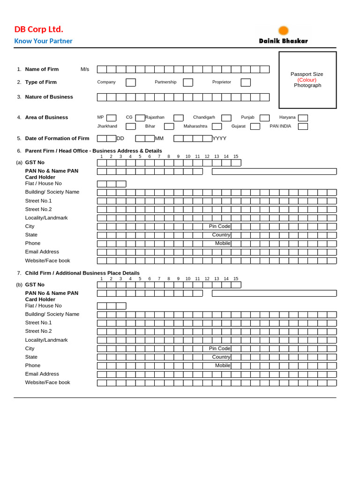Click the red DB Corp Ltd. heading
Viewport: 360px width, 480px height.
(x=38, y=29)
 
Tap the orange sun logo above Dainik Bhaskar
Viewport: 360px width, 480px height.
(x=284, y=31)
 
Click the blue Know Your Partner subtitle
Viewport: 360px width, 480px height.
(x=43, y=41)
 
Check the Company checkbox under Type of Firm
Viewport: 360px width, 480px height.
(x=131, y=82)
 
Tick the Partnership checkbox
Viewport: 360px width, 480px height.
(x=188, y=82)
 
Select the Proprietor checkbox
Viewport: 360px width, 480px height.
(x=246, y=82)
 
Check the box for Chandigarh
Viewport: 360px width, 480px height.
(x=226, y=118)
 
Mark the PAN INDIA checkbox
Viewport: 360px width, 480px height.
(x=303, y=127)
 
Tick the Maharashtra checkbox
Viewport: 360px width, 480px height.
(x=217, y=127)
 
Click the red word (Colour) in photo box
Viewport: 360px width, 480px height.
(x=307, y=80)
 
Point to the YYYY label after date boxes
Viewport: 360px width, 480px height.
(x=219, y=139)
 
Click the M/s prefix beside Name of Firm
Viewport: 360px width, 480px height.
(x=85, y=69)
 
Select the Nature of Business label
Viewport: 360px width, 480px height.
(x=49, y=97)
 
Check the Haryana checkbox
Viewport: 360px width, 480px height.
(x=303, y=118)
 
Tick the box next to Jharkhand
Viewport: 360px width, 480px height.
(x=131, y=127)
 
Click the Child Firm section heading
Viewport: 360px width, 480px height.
(x=82, y=273)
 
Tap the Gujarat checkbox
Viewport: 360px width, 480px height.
(x=255, y=127)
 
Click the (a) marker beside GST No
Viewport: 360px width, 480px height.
(x=19, y=163)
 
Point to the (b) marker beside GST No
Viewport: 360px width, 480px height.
(x=19, y=285)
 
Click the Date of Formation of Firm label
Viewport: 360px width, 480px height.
(x=57, y=139)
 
